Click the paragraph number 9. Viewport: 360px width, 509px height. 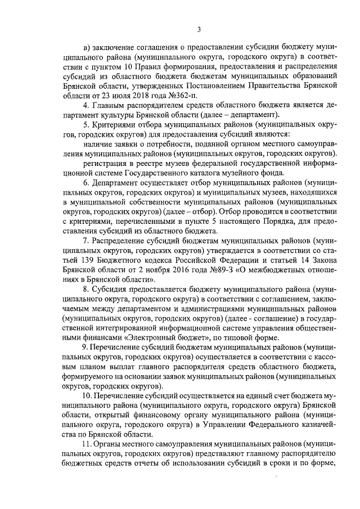point(84,348)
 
